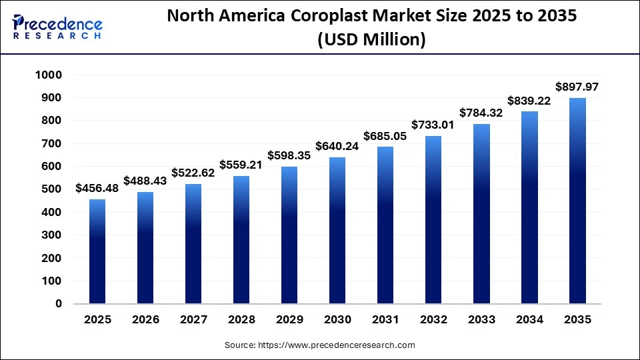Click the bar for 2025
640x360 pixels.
pyautogui.click(x=97, y=251)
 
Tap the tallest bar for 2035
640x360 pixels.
pyautogui.click(x=577, y=201)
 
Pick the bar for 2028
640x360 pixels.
pyautogui.click(x=241, y=239)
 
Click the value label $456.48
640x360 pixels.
pyautogui.click(x=97, y=189)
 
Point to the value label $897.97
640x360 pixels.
pyautogui.click(x=577, y=87)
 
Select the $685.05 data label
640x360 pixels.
pyautogui.click(x=385, y=136)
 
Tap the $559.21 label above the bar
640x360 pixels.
pyautogui.click(x=241, y=165)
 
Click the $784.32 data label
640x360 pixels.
pyautogui.click(x=481, y=113)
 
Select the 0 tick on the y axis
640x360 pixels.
pyautogui.click(x=58, y=304)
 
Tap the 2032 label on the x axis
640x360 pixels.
pyautogui.click(x=433, y=320)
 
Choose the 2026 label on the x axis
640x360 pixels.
pyautogui.click(x=145, y=320)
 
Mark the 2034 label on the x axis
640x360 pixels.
pyautogui.click(x=529, y=320)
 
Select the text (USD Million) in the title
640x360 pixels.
pyautogui.click(x=372, y=40)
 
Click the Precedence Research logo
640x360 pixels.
pyautogui.click(x=57, y=27)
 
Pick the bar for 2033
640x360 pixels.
pyautogui.click(x=481, y=213)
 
